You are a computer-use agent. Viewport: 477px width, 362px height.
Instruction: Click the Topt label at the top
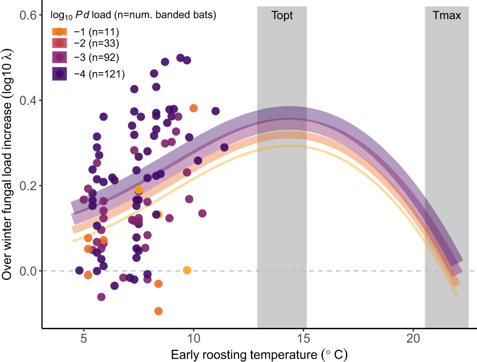[282, 15]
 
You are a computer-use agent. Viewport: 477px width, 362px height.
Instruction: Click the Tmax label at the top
[446, 15]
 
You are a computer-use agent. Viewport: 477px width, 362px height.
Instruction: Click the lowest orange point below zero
[158, 311]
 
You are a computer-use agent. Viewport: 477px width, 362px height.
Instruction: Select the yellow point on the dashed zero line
[187, 270]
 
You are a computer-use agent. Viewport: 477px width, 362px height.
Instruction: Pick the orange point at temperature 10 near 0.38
[193, 108]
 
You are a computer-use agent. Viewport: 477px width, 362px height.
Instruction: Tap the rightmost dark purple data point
[224, 147]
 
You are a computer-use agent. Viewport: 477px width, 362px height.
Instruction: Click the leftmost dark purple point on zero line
[79, 270]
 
